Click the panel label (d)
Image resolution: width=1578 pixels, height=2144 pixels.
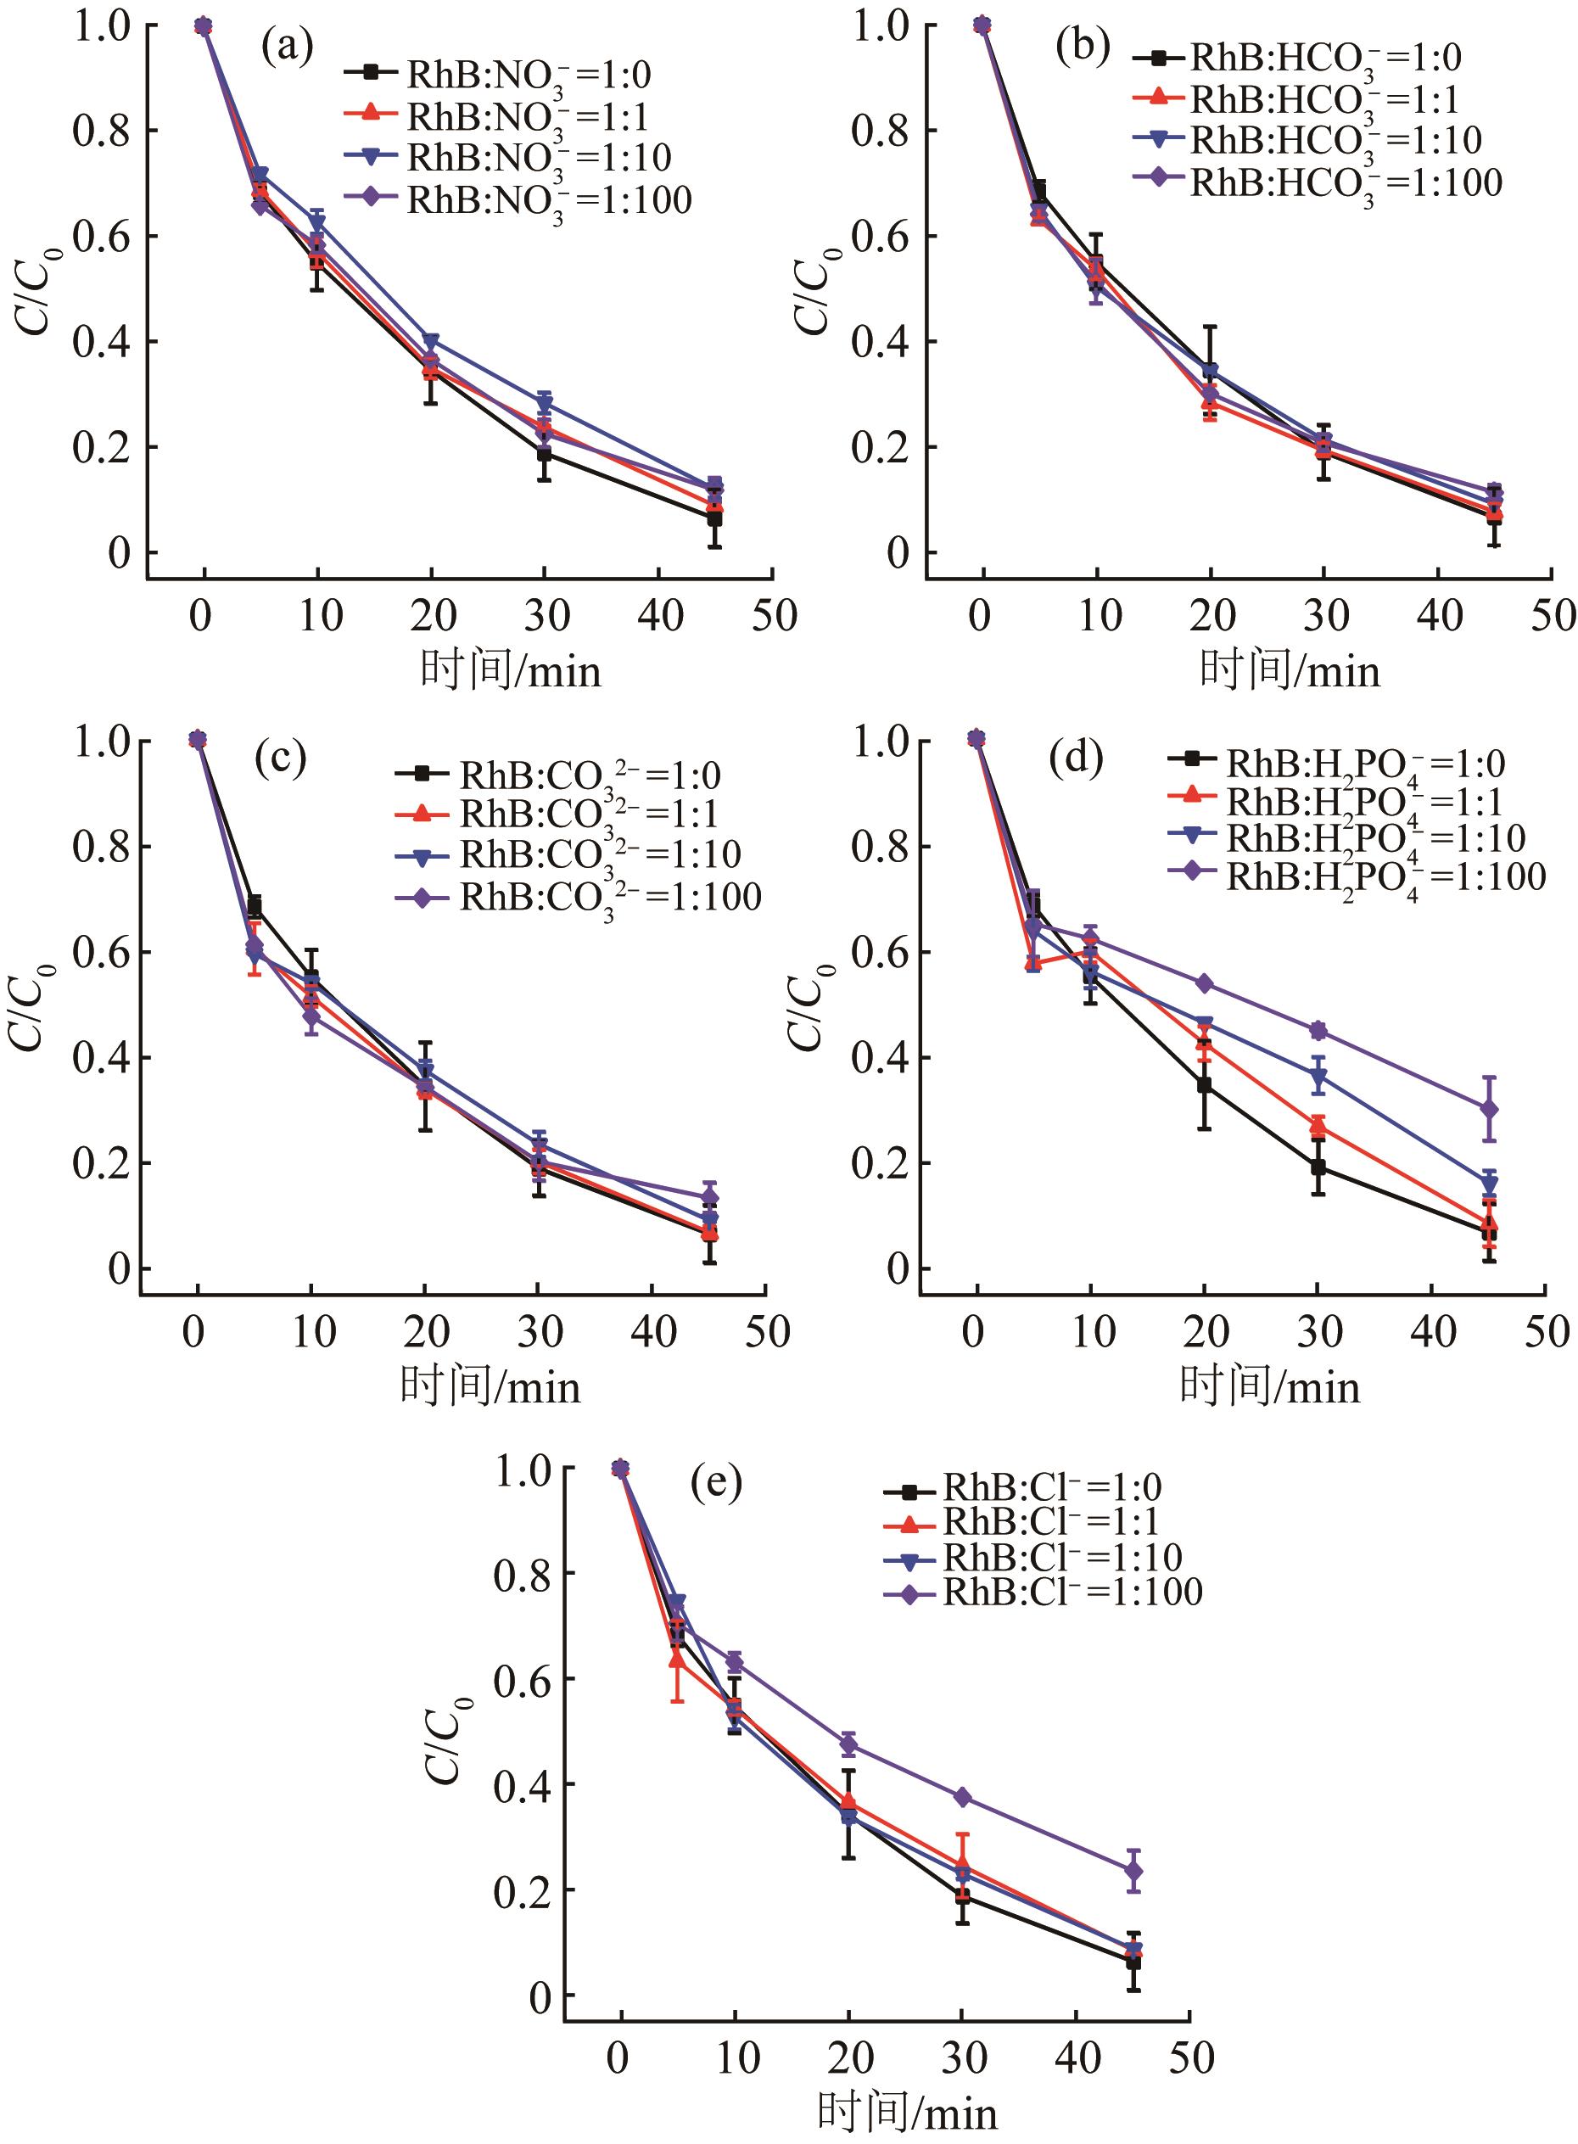tap(1076, 759)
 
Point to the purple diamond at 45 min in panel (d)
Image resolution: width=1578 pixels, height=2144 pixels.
tap(1488, 1109)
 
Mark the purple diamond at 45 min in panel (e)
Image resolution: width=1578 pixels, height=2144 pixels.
tap(1133, 1871)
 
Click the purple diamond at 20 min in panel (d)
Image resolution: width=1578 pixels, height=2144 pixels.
tap(1204, 983)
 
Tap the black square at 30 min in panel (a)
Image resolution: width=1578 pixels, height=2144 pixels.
tap(544, 455)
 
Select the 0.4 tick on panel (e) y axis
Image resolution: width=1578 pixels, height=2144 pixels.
tap(522, 1784)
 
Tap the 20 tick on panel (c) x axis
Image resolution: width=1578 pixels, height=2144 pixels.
tap(426, 1331)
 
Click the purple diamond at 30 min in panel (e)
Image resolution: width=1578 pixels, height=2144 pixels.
tap(962, 1797)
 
